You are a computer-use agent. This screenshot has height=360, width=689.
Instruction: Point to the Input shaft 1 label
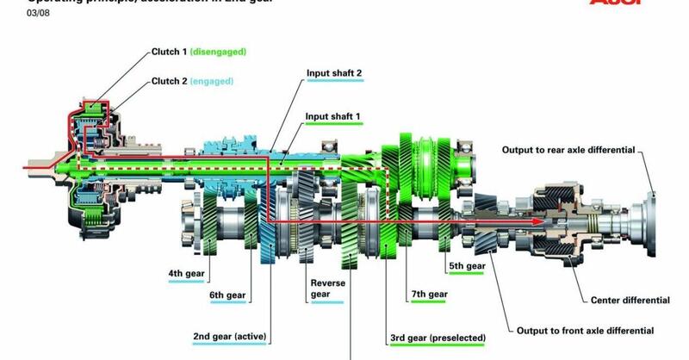click(334, 115)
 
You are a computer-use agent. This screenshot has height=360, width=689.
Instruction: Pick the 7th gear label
click(429, 295)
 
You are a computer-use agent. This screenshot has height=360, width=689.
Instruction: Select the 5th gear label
click(467, 266)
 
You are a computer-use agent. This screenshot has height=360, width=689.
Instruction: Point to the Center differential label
click(630, 301)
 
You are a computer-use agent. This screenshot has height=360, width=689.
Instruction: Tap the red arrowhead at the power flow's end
click(539, 221)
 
